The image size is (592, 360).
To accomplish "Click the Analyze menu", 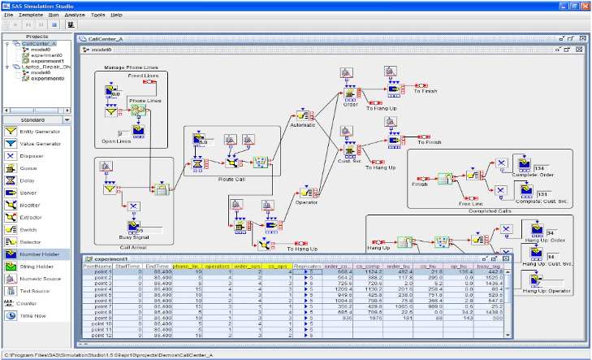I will pos(76,15).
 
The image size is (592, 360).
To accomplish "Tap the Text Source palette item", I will pos(34,289).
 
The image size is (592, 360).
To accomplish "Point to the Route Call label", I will pos(231,180).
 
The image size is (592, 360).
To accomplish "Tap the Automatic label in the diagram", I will pos(302,124).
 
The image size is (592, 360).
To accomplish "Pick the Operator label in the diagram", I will pos(306,202).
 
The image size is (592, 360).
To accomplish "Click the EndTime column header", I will pos(158,266).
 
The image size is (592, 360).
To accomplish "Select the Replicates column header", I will pos(305,266).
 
